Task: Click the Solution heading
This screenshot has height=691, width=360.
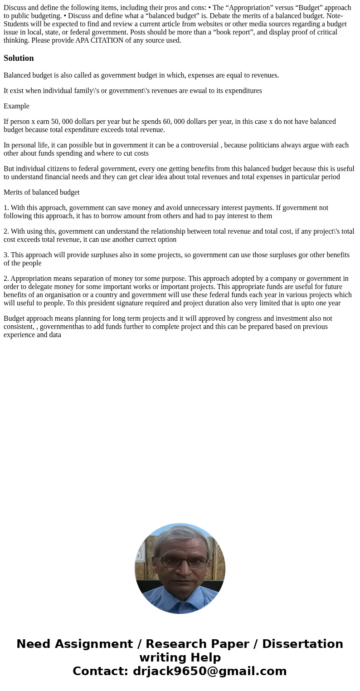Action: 19,58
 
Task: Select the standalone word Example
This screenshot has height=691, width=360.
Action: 16,106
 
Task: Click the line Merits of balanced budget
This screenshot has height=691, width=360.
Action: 41,192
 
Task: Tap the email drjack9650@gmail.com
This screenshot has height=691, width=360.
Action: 209,671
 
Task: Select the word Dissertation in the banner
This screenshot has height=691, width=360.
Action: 302,644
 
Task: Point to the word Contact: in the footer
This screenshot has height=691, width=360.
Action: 101,671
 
